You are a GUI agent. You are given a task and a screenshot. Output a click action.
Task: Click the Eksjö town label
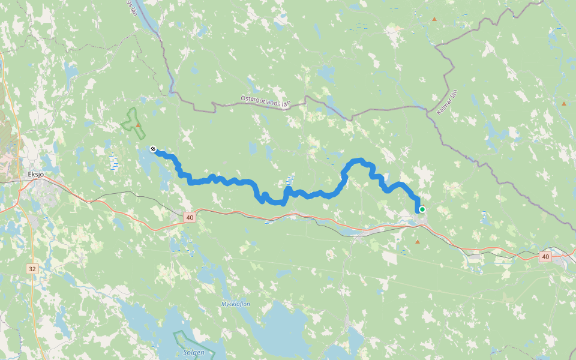37,175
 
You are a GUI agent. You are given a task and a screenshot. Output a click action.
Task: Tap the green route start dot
422,209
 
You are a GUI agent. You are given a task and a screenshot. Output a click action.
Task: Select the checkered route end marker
153,149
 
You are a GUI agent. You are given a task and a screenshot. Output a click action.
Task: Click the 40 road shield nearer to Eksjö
190,217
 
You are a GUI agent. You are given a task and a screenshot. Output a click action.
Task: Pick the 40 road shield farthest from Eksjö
544,257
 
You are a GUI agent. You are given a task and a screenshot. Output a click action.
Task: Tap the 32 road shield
32,269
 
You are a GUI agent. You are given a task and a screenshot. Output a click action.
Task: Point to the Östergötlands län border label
265,100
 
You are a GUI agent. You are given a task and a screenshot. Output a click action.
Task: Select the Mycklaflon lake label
236,304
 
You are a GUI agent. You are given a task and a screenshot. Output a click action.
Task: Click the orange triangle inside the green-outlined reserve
138,125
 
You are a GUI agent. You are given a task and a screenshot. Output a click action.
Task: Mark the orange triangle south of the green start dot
418,242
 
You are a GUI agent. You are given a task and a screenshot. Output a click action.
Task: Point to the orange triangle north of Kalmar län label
434,19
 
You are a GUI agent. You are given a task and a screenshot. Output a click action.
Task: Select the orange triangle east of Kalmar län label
563,104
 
